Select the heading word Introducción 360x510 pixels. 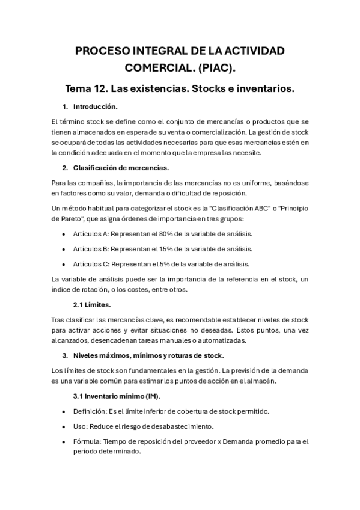coord(95,107)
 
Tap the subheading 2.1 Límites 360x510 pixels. coord(93,304)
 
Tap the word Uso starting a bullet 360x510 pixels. coord(79,426)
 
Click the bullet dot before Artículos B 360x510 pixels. coord(64,249)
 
